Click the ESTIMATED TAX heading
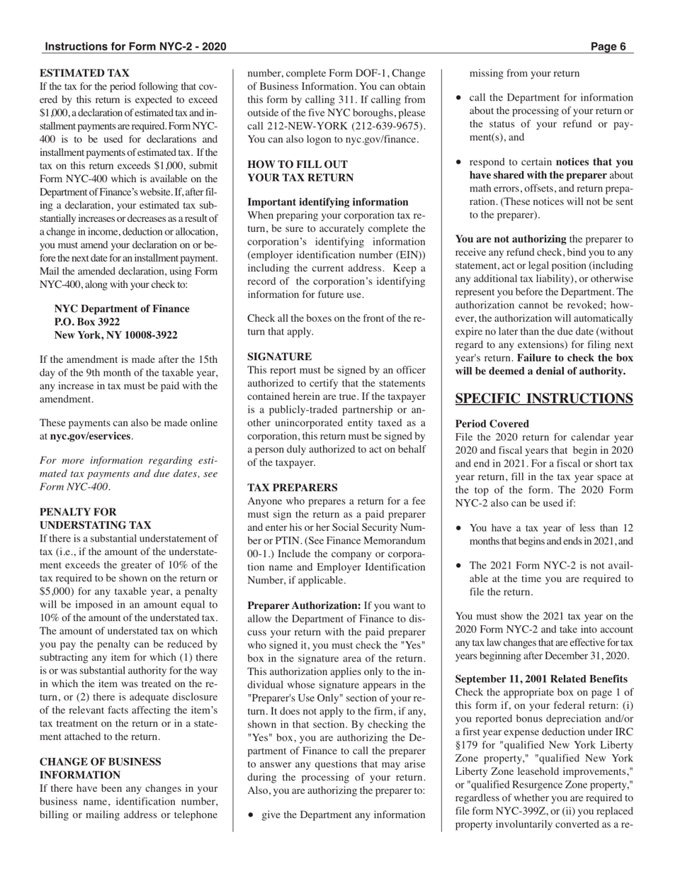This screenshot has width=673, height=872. pyautogui.click(x=84, y=72)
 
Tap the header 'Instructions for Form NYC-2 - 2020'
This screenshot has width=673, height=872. pyautogui.click(x=135, y=47)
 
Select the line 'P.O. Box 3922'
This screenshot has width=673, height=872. pyautogui.click(x=87, y=322)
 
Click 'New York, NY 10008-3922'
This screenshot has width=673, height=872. pyautogui.click(x=115, y=335)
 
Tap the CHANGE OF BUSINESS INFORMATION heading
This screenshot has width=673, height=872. pyautogui.click(x=100, y=768)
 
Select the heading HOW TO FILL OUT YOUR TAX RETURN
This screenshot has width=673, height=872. pyautogui.click(x=300, y=171)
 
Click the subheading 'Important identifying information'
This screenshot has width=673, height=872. pyautogui.click(x=327, y=202)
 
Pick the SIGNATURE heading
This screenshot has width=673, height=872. pyautogui.click(x=279, y=357)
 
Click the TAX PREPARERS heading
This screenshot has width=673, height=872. pyautogui.click(x=293, y=488)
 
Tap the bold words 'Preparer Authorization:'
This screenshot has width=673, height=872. pyautogui.click(x=304, y=606)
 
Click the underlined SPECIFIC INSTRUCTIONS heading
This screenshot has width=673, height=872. pyautogui.click(x=543, y=398)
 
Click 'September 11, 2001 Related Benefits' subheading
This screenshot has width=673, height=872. pyautogui.click(x=541, y=679)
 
